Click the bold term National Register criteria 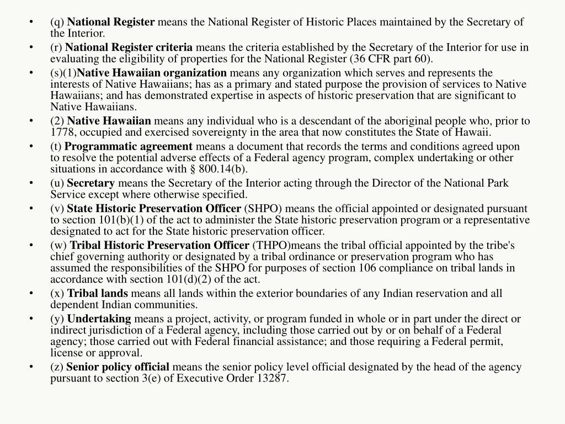coord(133,47)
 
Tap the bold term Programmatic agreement coord(129,146)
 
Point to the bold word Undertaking coord(99,319)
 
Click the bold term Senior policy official coord(118,367)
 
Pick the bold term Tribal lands coord(98,293)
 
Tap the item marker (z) coord(57,367)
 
